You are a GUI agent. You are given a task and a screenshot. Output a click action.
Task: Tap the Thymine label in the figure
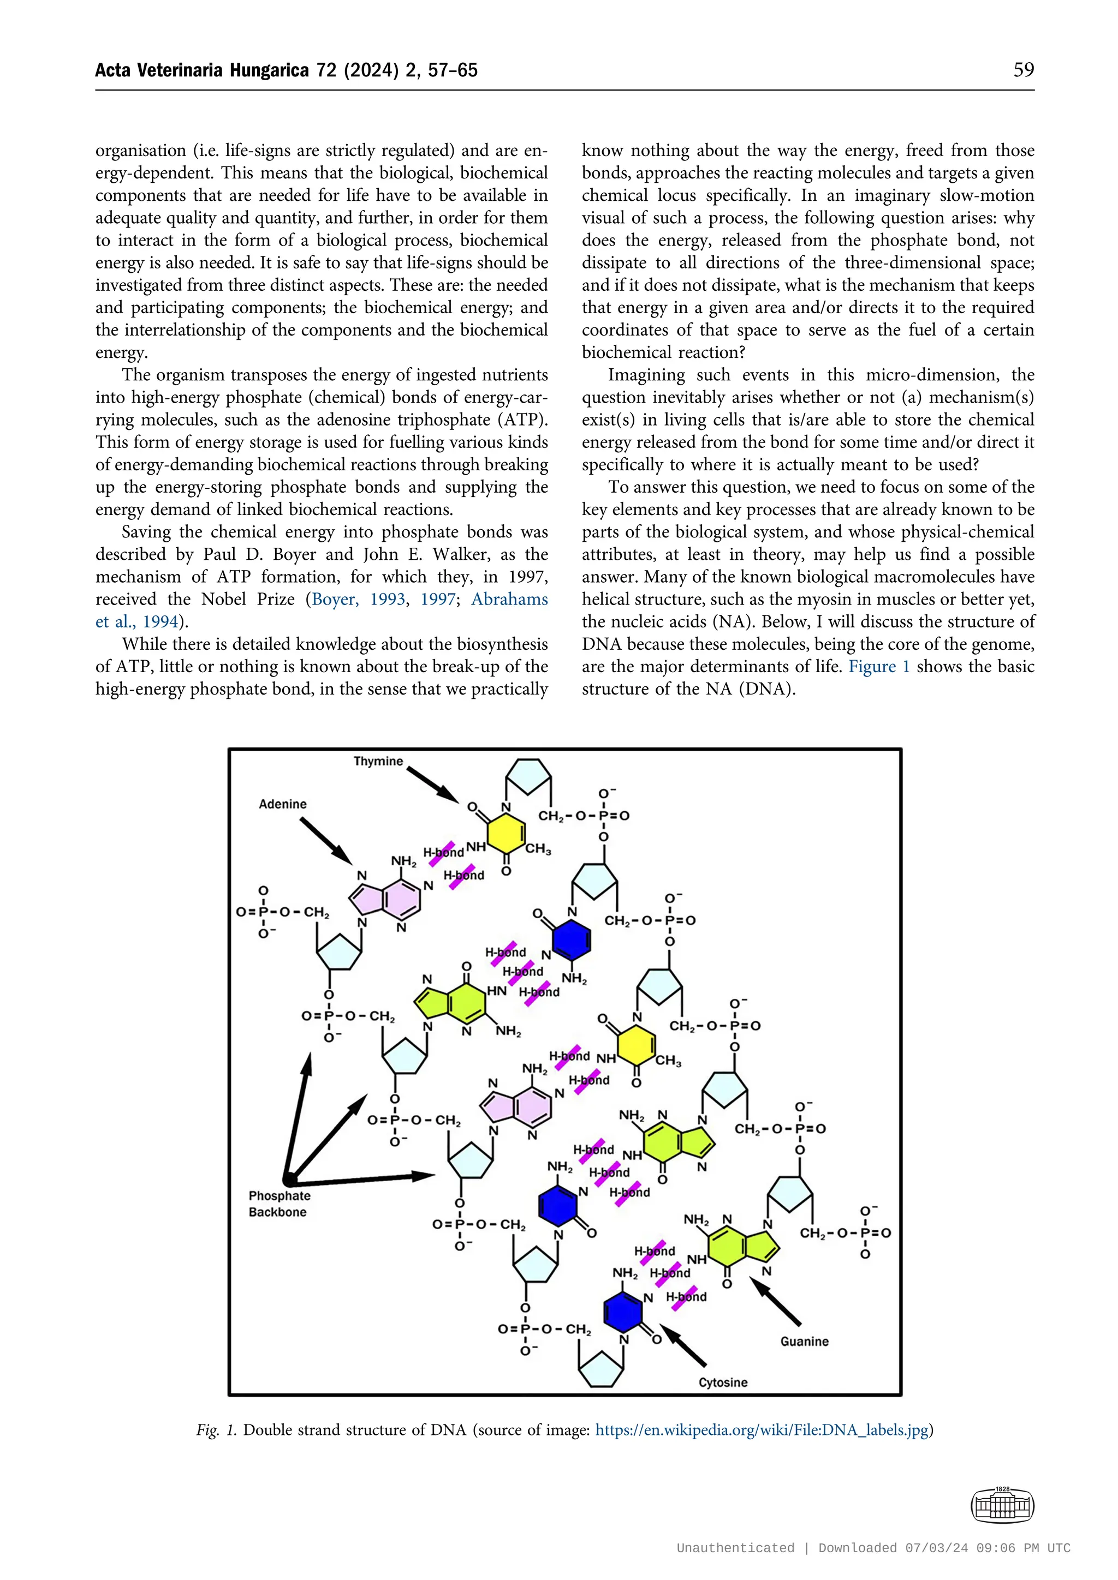coord(378,761)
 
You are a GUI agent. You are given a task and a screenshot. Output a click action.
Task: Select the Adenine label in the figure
coord(282,804)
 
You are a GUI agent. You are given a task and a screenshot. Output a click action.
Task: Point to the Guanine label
coord(804,1341)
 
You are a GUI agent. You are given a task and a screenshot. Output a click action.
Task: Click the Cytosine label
coord(722,1382)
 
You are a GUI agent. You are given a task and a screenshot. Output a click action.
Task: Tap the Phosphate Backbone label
coord(279,1204)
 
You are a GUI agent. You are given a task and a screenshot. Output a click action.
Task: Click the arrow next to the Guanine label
coord(775,1302)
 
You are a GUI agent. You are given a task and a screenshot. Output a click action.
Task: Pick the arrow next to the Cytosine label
coord(683,1346)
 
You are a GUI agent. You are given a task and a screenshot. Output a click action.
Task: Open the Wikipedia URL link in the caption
coord(762,1430)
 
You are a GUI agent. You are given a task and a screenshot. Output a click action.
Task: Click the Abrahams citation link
coord(509,600)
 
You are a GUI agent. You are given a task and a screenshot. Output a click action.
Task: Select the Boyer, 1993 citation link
coord(358,600)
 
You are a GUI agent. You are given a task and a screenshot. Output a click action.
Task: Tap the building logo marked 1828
coord(1002,1506)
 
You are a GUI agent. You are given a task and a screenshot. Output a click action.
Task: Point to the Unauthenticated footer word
coord(735,1548)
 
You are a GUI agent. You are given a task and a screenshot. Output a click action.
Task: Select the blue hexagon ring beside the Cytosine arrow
coord(623,1313)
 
